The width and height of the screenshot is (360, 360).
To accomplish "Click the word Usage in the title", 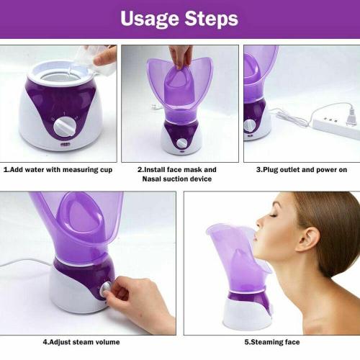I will pos(148,18).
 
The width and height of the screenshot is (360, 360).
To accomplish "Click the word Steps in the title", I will pos(210,18).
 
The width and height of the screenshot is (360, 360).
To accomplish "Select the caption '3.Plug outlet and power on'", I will pos(301,171).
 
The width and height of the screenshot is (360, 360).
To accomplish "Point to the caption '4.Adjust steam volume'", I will pos(81,341).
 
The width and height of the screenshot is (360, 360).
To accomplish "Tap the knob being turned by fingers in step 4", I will pos(106,289).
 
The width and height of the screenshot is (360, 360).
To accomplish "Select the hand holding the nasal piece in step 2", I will pos(181,55).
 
